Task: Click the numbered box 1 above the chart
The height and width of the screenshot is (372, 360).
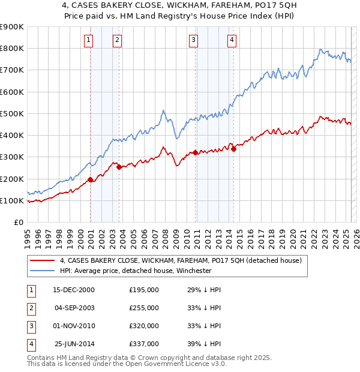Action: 88,40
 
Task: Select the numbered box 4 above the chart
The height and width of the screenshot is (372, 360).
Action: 232,40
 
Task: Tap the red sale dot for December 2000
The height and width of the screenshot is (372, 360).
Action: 91,179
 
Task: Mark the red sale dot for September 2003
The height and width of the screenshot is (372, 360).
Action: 119,167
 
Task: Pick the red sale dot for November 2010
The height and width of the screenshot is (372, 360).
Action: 195,152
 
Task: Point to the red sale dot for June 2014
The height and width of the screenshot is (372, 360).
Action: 233,149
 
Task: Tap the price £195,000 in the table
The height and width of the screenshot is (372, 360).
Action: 144,289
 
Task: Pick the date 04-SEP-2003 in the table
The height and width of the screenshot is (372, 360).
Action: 74,308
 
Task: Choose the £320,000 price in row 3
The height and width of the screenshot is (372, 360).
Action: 144,326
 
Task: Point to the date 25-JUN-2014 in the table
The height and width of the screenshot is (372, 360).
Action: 74,344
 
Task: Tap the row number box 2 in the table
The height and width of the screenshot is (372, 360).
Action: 30,308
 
